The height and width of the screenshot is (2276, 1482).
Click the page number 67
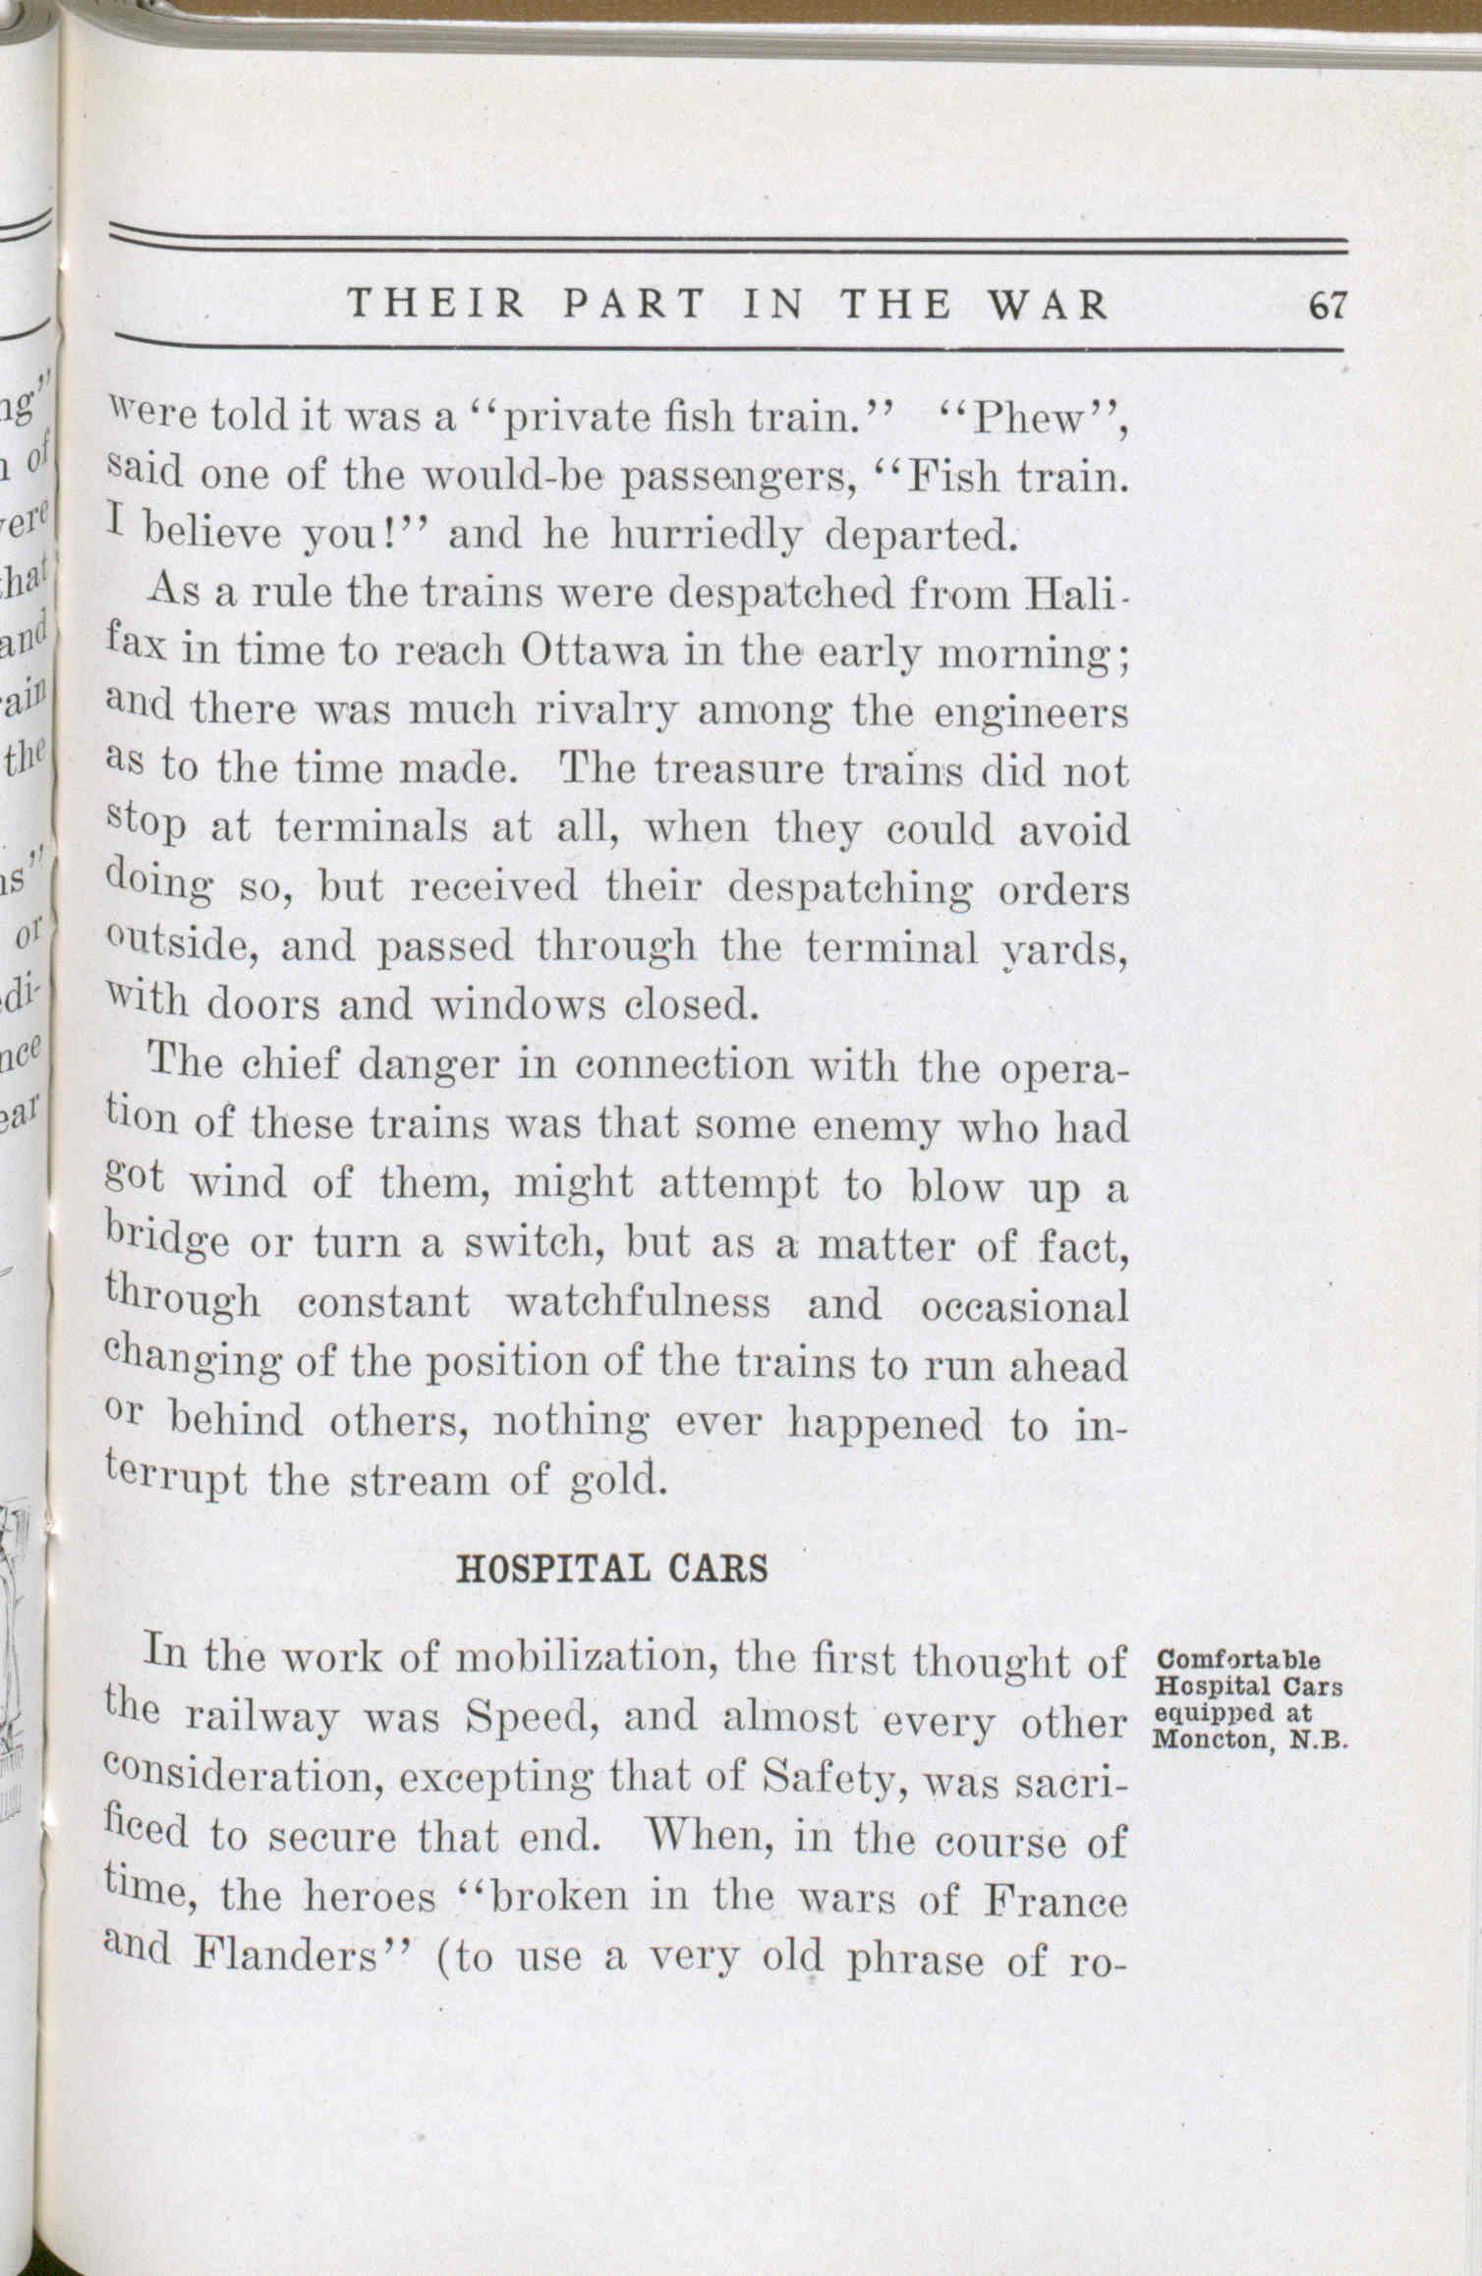[1325, 307]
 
